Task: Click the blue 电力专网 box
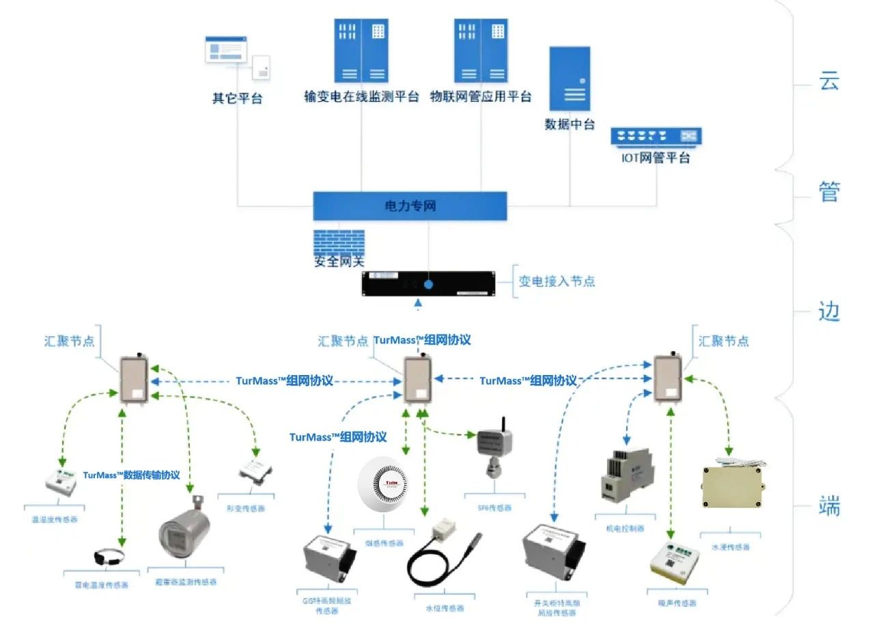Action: tap(410, 206)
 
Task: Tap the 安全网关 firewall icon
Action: tap(339, 244)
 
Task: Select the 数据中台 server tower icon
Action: tap(569, 79)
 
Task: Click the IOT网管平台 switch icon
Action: tap(655, 137)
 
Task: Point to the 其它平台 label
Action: tap(237, 98)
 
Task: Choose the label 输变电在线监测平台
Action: tap(361, 97)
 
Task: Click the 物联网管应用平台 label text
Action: tap(480, 97)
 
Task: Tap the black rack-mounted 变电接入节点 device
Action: tap(428, 284)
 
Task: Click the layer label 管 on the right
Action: tap(828, 191)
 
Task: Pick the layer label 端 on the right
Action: tap(828, 507)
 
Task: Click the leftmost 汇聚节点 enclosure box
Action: tap(133, 381)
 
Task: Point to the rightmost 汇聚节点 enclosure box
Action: tap(667, 380)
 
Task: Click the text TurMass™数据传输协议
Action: tap(132, 475)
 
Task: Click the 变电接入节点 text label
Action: tap(556, 281)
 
